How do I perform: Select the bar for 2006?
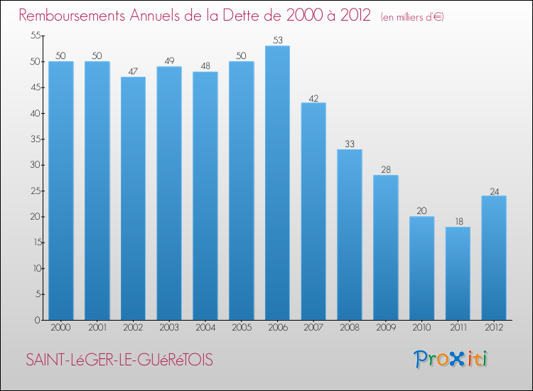point(277,183)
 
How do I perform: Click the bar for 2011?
point(458,273)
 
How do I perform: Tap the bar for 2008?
point(350,235)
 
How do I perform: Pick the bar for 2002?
point(133,198)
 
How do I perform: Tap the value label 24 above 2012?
point(494,191)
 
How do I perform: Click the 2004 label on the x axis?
point(205,328)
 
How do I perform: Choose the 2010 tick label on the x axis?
point(421,328)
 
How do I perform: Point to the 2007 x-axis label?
point(313,328)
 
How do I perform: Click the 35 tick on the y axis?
point(34,139)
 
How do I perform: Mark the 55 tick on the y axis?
point(34,36)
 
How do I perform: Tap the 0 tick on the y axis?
point(37,320)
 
